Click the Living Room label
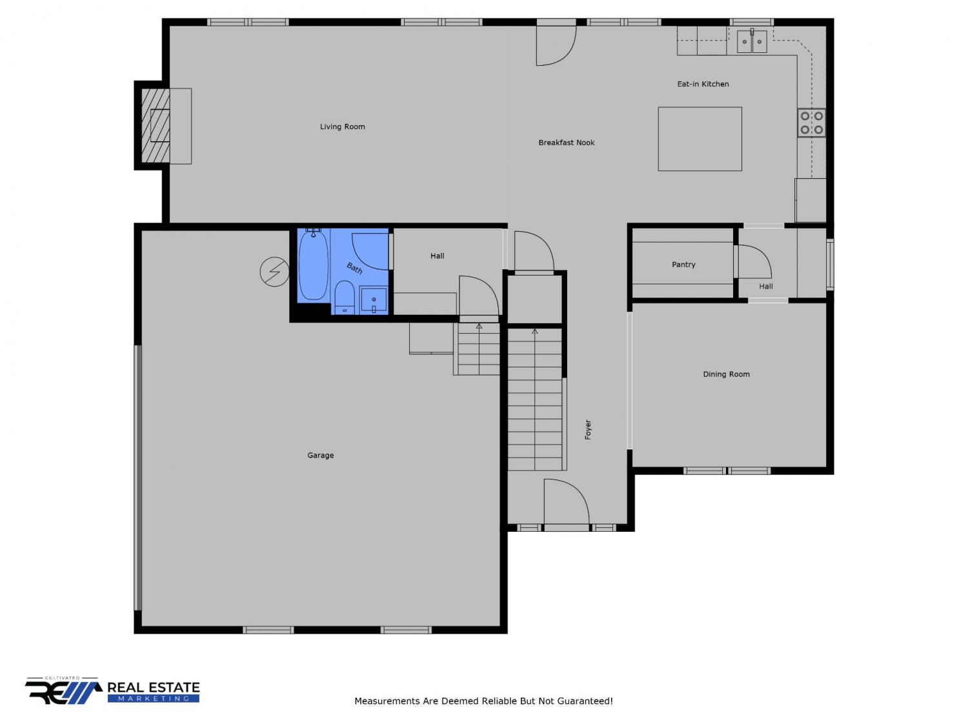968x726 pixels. coord(342,126)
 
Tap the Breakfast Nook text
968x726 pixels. coord(566,143)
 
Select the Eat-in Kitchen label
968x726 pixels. coord(703,84)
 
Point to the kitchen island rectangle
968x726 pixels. coord(700,139)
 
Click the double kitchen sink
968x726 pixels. coord(752,41)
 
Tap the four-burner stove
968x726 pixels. coord(811,123)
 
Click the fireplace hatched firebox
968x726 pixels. coord(156,126)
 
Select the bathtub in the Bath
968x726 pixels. coord(314,265)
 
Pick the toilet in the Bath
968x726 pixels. coord(345,297)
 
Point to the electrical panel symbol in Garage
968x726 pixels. coord(274,272)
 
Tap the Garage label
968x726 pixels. coord(321,456)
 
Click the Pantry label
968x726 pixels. coord(683,265)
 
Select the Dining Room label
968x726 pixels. coord(727,374)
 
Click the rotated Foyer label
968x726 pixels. coord(588,429)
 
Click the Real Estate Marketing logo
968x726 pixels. coord(112,691)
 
